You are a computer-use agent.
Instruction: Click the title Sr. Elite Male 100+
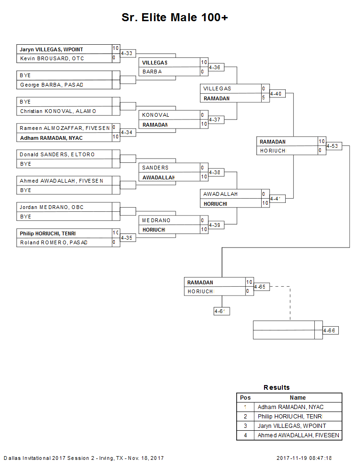point(175,17)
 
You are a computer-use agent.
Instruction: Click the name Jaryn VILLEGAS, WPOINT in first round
point(51,49)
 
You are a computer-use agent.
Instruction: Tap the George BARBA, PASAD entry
point(51,85)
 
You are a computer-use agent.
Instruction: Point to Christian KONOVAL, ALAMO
point(58,111)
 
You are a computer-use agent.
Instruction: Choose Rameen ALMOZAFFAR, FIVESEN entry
point(64,128)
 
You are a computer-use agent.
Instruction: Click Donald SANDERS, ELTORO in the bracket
point(57,154)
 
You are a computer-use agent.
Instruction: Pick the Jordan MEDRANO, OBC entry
point(52,207)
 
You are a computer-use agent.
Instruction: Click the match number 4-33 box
point(127,54)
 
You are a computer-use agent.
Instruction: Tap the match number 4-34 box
point(127,133)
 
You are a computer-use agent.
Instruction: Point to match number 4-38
point(215,172)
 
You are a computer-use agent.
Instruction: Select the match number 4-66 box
point(329,330)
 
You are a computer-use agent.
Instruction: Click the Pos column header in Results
point(245,398)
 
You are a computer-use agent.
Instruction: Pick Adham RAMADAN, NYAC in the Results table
point(291,407)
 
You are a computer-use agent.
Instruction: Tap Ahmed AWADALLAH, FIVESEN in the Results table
point(298,435)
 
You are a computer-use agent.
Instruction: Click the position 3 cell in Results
point(245,426)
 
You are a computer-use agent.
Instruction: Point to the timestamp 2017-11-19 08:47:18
point(304,458)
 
